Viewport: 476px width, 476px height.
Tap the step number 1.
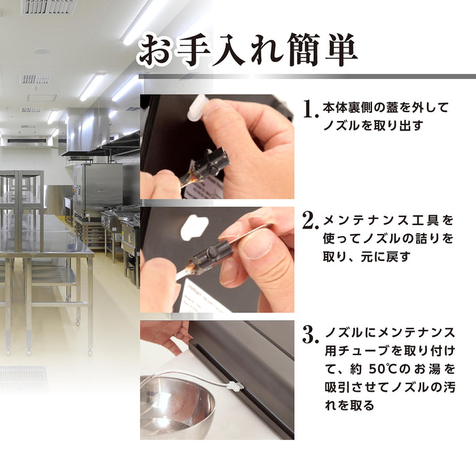[x=310, y=108]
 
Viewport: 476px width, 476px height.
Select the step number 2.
[x=310, y=221]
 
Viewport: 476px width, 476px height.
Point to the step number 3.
[x=310, y=334]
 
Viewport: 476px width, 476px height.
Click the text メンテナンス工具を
[x=388, y=221]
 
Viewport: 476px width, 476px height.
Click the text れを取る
[x=348, y=405]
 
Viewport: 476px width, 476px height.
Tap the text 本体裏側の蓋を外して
[x=386, y=107]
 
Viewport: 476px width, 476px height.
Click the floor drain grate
[x=23, y=378]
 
